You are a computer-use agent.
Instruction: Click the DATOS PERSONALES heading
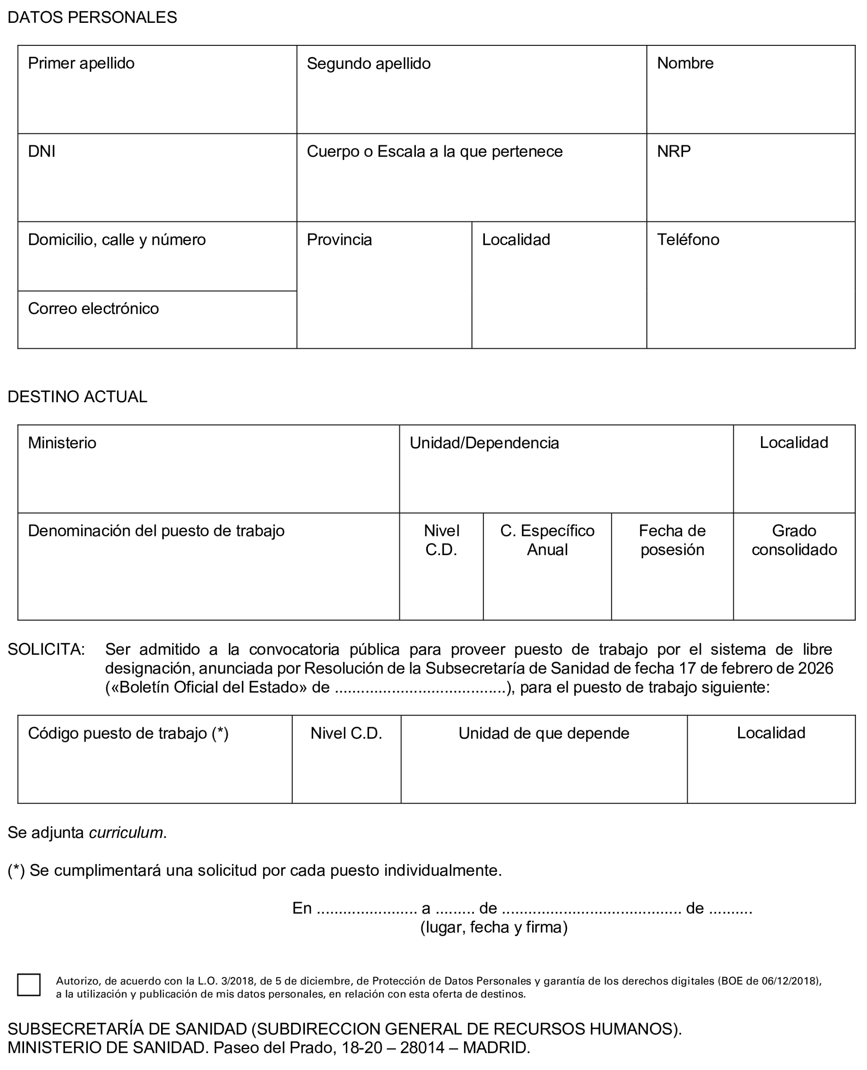(93, 18)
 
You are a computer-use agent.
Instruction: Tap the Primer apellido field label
(81, 64)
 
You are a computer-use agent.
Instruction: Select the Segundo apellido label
(369, 64)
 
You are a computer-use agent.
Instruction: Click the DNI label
(42, 151)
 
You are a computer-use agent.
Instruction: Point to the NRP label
(674, 151)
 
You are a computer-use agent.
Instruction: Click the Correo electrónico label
(93, 309)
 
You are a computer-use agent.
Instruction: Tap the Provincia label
(339, 240)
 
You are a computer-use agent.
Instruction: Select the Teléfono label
(688, 240)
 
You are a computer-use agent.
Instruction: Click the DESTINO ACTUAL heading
(77, 397)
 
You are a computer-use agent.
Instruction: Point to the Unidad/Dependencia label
(484, 443)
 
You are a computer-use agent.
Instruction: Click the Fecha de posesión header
(672, 540)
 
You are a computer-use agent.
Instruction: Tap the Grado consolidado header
(794, 540)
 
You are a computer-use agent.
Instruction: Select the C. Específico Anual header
(547, 540)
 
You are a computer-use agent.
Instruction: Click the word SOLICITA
(46, 649)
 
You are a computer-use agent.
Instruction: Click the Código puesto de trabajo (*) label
(128, 733)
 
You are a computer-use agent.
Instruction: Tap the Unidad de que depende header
(544, 733)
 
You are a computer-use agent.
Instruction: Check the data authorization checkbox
(29, 985)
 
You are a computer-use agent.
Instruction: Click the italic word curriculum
(127, 833)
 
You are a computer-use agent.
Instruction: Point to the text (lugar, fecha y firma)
(494, 928)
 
